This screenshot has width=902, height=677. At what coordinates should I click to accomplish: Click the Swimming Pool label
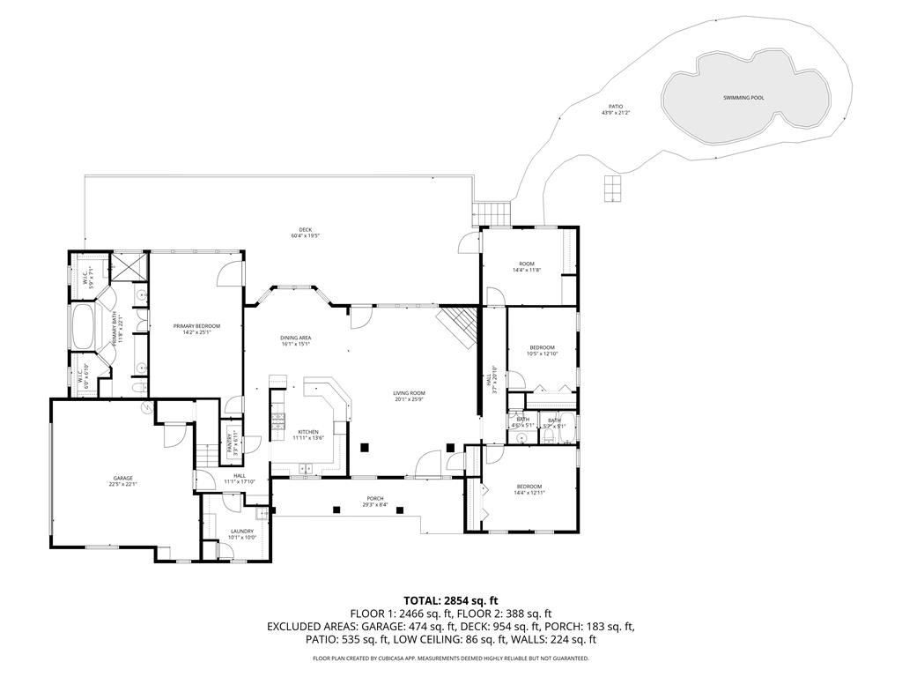tap(743, 98)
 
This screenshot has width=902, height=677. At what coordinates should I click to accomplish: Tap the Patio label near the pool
tap(616, 109)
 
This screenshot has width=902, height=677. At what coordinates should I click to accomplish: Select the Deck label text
tap(306, 233)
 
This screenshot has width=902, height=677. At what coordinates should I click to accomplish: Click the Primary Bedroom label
tap(196, 329)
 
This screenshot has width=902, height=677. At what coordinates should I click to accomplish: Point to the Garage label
tap(122, 480)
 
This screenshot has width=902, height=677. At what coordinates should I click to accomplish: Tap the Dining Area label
tap(296, 340)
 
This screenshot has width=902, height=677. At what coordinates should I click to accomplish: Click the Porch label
tap(375, 502)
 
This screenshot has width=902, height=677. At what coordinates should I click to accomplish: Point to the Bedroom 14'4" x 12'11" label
tap(529, 489)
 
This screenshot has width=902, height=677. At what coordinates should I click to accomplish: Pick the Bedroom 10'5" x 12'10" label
tap(542, 350)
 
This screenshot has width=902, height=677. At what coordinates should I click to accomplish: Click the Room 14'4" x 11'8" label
tap(527, 266)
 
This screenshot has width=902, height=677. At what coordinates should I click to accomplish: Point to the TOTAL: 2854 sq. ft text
tap(450, 600)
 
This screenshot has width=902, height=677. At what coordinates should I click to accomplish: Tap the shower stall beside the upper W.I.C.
tap(128, 266)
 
